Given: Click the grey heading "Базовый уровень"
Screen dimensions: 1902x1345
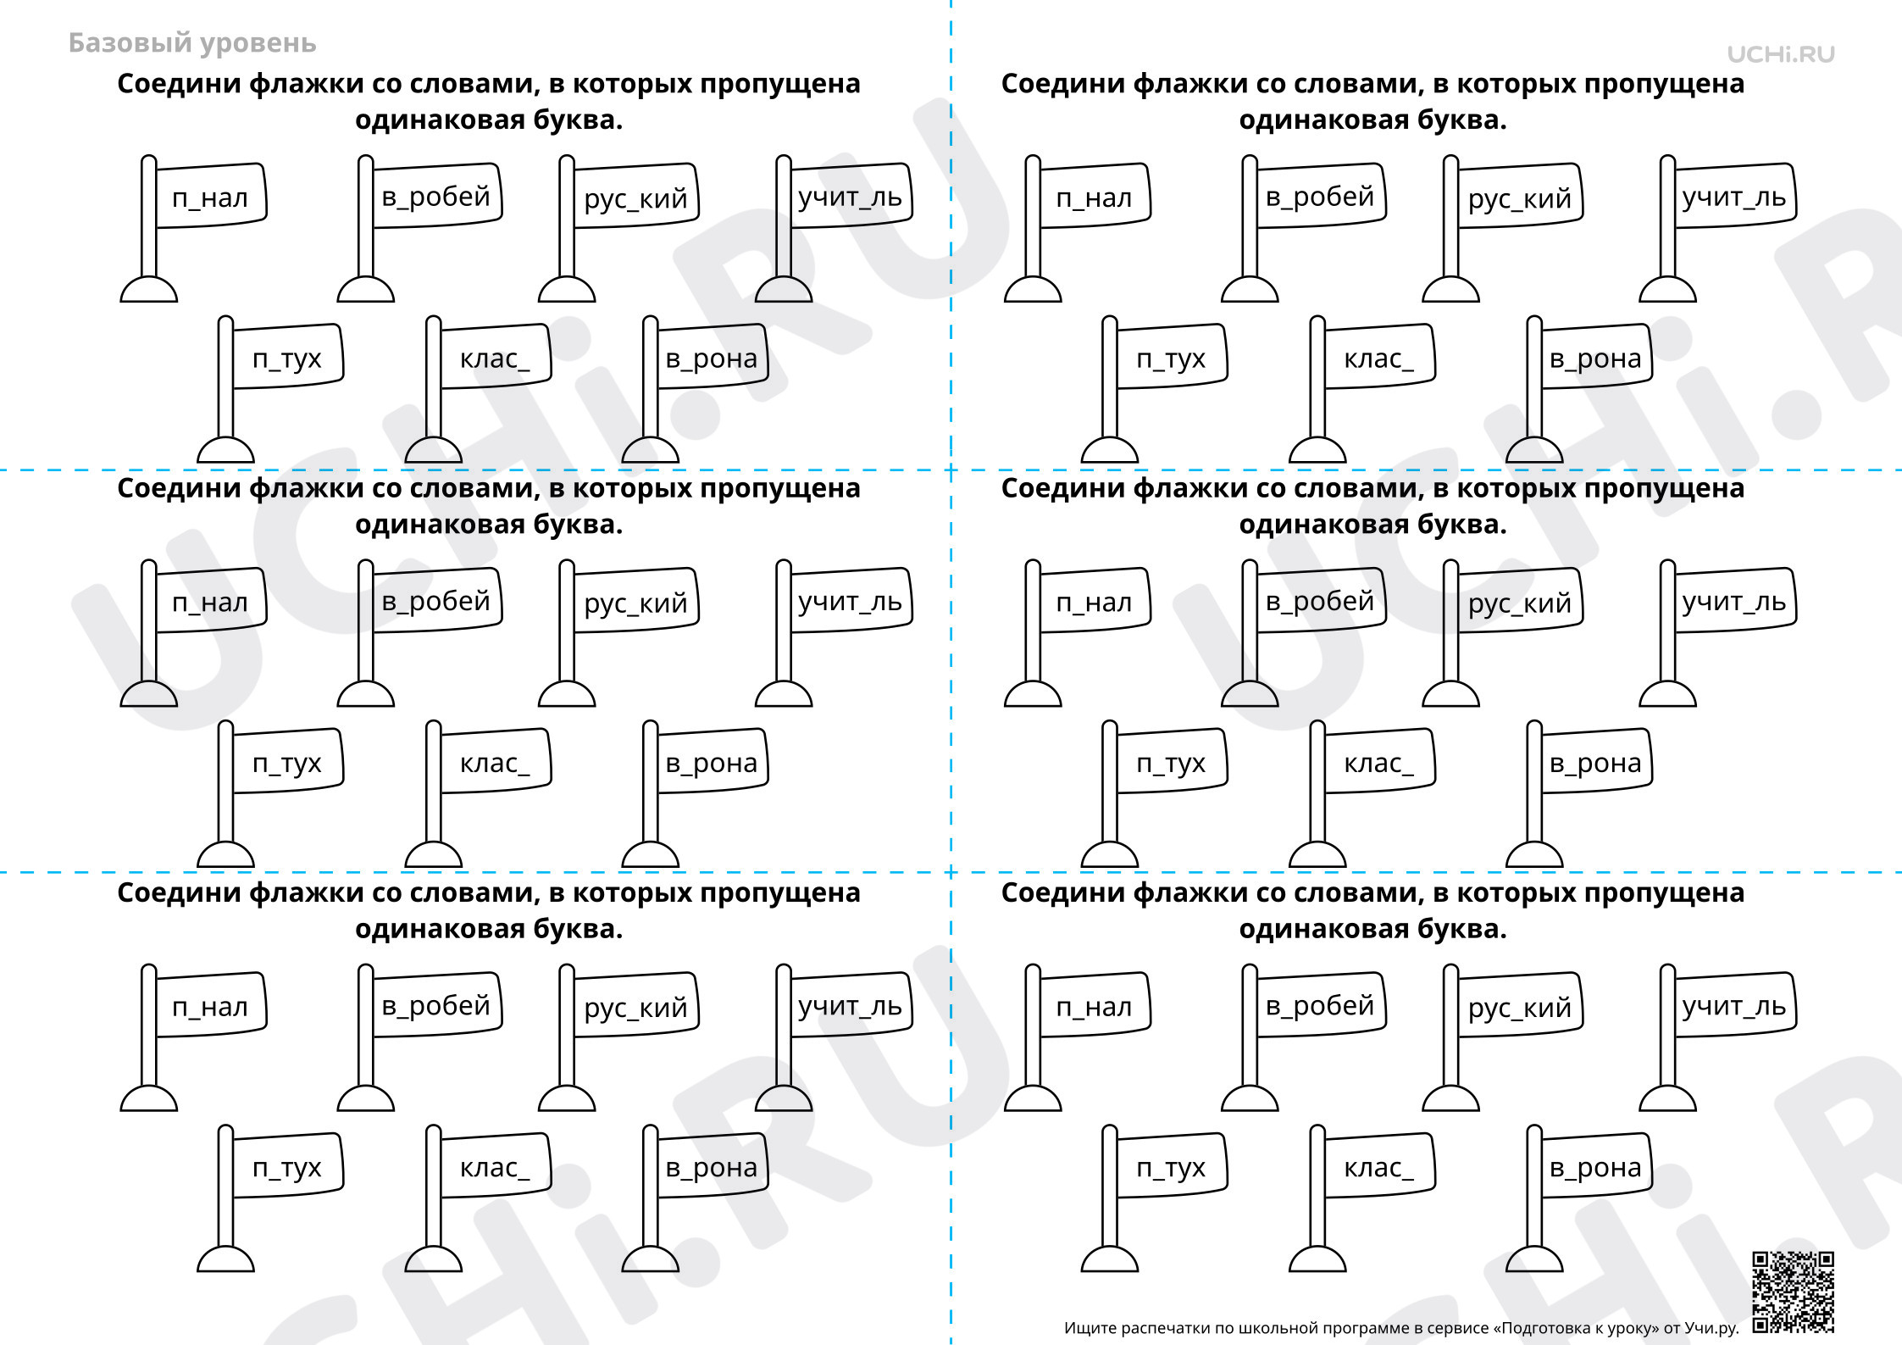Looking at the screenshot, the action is tap(192, 43).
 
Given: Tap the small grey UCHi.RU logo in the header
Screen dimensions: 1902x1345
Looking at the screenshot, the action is tap(1781, 54).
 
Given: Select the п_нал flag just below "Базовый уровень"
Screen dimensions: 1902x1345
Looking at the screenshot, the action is tap(194, 228).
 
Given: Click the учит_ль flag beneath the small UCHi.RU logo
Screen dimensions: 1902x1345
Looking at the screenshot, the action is tap(1717, 228).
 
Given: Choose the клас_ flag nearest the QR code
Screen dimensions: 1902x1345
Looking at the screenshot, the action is tap(1362, 1198).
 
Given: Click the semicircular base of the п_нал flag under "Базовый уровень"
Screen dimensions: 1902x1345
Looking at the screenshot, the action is tap(149, 290).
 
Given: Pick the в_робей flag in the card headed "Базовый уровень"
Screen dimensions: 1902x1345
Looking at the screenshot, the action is tap(419, 228).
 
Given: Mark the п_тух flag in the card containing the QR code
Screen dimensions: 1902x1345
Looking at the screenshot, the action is tap(1154, 1198).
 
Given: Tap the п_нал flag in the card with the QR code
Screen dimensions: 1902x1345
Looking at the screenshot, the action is tap(1078, 1037).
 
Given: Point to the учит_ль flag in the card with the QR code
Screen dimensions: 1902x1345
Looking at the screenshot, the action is tap(1717, 1037).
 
